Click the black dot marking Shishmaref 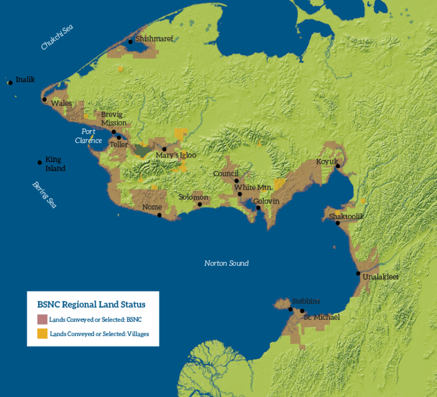click(130, 41)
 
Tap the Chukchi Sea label click(57, 38)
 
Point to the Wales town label click(61, 104)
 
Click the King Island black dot click(39, 163)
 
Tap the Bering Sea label click(44, 195)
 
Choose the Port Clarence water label click(88, 136)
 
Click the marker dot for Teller click(118, 137)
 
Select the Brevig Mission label click(114, 118)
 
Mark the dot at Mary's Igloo click(164, 149)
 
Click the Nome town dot click(159, 215)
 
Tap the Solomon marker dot click(200, 204)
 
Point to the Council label click(226, 173)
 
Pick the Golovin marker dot click(258, 208)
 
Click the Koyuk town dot click(337, 166)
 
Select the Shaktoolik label click(346, 216)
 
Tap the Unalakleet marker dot click(358, 274)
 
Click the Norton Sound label click(226, 263)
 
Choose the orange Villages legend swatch click(42, 333)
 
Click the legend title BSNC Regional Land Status click(91, 304)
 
